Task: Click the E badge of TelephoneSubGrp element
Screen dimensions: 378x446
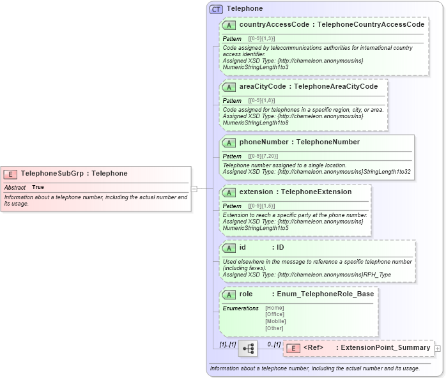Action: click(11, 174)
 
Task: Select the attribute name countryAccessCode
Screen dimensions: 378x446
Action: click(267, 25)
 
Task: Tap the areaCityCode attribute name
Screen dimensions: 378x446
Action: click(263, 86)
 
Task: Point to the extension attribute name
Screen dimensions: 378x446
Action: click(256, 192)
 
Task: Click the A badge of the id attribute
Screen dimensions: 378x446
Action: click(229, 248)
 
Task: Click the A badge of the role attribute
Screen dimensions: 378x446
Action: click(229, 294)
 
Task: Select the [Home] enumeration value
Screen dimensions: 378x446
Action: click(274, 308)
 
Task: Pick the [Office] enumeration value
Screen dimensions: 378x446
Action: click(275, 314)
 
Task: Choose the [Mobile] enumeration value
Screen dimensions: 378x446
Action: click(275, 321)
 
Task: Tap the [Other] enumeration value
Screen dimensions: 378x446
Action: click(274, 328)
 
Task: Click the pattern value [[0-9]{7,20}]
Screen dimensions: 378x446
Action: click(263, 156)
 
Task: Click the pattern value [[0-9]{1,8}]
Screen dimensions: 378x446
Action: click(261, 101)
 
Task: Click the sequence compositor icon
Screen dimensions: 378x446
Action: click(247, 348)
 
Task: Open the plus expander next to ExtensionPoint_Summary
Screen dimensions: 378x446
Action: click(437, 348)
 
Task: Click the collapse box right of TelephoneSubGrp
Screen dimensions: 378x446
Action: click(194, 188)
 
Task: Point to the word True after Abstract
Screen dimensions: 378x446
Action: click(38, 187)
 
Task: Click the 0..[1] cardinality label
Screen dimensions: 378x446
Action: click(273, 345)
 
